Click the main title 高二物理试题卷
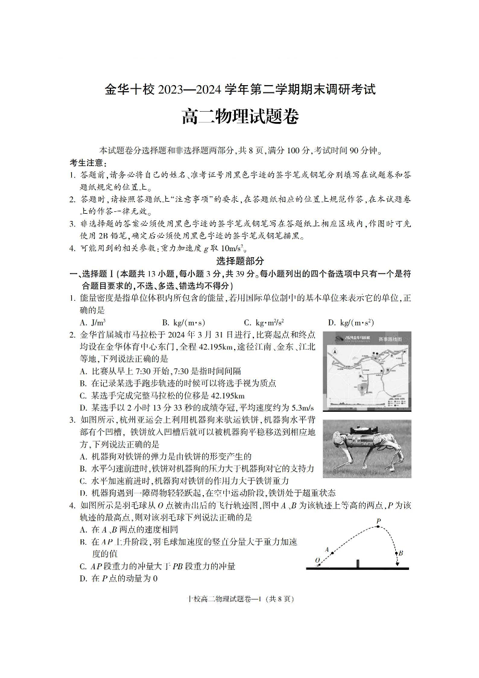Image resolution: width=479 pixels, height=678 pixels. (x=239, y=116)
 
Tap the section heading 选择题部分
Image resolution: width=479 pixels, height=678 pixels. (x=239, y=261)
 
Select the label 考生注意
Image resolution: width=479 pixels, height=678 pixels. (x=89, y=163)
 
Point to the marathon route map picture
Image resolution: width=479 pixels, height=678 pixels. (x=367, y=371)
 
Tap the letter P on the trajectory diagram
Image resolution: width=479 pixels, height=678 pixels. (x=378, y=520)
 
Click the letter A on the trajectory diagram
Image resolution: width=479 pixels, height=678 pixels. (x=327, y=549)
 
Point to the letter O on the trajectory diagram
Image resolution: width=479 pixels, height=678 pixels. (x=317, y=561)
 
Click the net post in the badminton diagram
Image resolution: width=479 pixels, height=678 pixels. (x=358, y=564)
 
